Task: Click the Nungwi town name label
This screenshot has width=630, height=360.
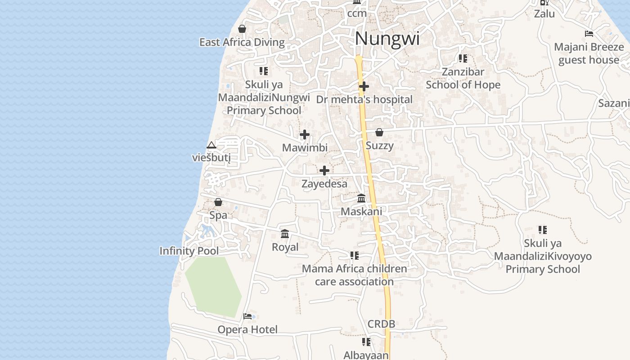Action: tap(387, 39)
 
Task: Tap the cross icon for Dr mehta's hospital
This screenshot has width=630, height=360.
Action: tap(364, 86)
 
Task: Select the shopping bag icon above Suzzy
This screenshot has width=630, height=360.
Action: tap(379, 132)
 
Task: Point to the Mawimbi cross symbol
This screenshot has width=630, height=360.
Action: tap(305, 135)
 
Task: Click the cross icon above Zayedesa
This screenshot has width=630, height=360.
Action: tap(324, 171)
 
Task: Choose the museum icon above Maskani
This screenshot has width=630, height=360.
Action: tap(361, 198)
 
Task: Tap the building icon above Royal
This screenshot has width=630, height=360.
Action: tap(285, 234)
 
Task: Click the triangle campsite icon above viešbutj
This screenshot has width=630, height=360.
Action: tap(211, 145)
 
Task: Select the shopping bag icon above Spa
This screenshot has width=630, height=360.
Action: tap(218, 202)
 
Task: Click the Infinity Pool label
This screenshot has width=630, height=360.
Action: tap(189, 251)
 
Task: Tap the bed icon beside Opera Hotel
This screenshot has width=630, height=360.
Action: tap(247, 316)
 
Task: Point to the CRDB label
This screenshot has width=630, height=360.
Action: tap(381, 324)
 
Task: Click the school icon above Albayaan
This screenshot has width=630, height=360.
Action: tap(366, 342)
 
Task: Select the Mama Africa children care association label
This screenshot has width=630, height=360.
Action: tap(354, 275)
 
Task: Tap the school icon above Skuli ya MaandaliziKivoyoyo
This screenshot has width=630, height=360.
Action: tap(543, 230)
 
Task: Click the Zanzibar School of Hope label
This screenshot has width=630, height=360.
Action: tap(463, 78)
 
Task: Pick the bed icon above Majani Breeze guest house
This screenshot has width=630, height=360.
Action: tap(589, 34)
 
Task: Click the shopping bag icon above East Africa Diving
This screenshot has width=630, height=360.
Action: tap(242, 29)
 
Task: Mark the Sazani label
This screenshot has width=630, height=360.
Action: tap(614, 103)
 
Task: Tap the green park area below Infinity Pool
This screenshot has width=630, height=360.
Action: tap(212, 286)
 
